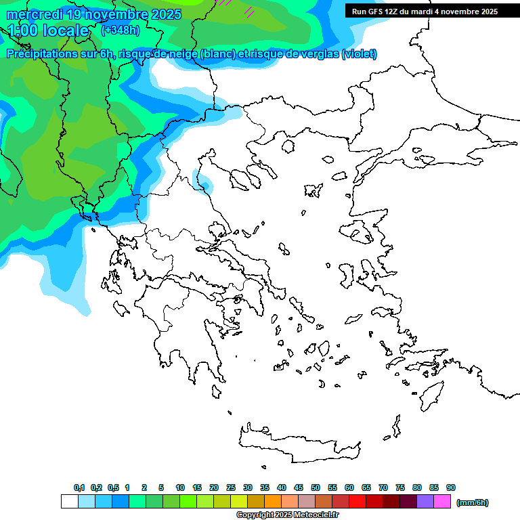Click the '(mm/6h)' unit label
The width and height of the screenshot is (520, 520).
pos(472,502)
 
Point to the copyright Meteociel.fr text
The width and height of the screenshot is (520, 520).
pos(287,515)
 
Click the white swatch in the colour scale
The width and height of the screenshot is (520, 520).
pos(69,502)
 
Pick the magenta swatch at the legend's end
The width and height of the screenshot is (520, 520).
pos(442,502)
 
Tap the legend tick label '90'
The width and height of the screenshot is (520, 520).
pos(451,487)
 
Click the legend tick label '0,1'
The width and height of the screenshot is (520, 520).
pos(79,487)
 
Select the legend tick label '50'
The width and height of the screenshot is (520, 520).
pos(316,487)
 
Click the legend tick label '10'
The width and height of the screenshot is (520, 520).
pos(180,487)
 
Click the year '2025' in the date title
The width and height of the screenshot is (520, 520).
pos(162,14)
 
